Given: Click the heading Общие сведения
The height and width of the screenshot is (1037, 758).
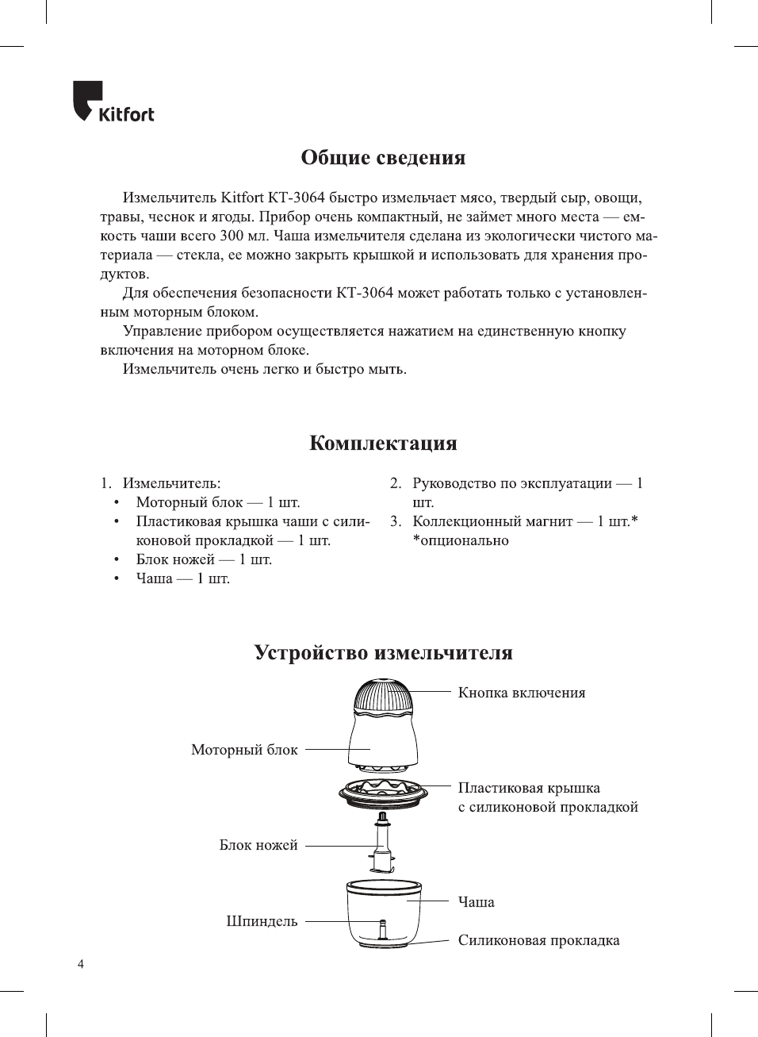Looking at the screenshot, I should [383, 158].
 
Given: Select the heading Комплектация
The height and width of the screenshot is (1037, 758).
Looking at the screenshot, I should [383, 444].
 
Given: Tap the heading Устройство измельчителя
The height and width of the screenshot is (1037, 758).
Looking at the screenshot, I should [383, 653].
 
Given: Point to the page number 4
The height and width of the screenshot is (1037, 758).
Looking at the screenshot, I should [81, 964].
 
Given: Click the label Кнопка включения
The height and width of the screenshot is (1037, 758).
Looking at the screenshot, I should [521, 693].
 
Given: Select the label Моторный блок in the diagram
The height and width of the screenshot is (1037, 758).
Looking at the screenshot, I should [244, 750].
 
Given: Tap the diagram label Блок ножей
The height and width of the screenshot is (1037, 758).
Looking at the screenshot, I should [258, 845].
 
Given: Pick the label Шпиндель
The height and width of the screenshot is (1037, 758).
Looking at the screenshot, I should [262, 921].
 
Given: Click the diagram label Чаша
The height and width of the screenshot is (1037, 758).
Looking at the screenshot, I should [476, 902].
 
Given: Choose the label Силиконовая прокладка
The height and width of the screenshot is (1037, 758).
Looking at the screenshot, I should [538, 940].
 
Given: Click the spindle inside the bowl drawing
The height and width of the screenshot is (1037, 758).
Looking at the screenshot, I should [382, 928].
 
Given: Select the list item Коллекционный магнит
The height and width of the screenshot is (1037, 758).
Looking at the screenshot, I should [492, 521].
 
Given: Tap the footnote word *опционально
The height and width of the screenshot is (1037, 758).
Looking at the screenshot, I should [461, 540].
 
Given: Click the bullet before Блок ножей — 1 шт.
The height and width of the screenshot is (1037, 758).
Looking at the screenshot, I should [117, 559].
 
